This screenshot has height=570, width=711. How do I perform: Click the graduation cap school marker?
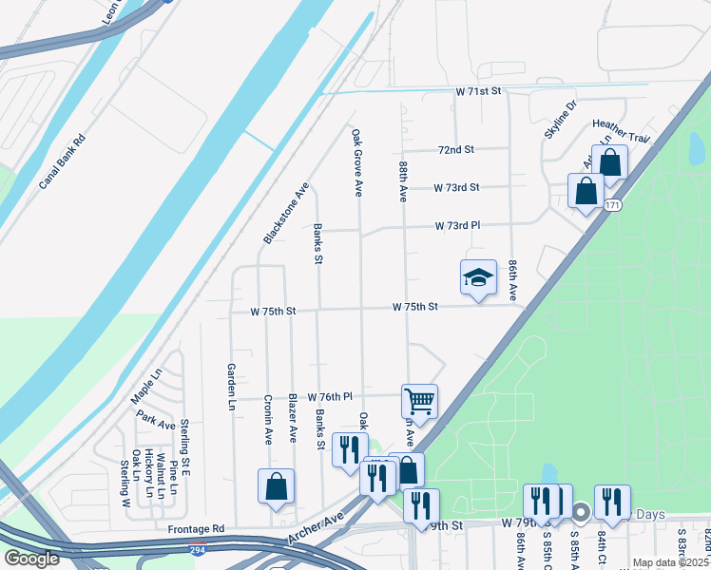point(478,277)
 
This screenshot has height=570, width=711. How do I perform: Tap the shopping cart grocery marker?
point(419,402)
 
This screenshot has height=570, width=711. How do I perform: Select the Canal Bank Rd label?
point(63,161)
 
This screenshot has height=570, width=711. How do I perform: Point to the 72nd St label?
point(455,150)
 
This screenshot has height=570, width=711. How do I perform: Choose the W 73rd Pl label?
point(457,226)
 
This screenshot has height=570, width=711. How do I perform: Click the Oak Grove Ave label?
point(357,162)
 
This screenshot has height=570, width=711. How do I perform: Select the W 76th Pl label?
point(330,396)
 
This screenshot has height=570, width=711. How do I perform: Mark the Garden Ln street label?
point(230,387)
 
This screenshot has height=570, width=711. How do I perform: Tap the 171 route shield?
point(612,205)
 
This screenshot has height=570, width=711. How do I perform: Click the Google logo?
point(30,558)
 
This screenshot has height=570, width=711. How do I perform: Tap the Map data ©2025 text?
point(670,562)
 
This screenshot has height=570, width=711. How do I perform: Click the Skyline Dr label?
point(560,119)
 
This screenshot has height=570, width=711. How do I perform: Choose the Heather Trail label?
point(620,131)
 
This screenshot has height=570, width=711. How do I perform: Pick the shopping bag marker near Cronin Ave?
point(276,486)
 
